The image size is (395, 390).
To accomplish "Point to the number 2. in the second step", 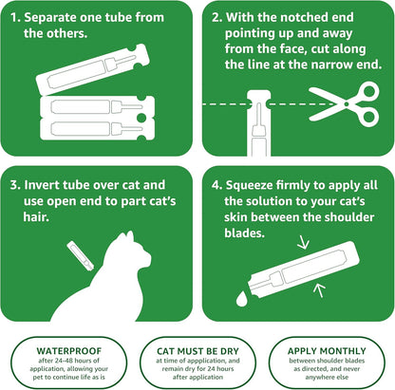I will [x=217, y=17].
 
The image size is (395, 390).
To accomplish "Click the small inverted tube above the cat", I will [x=74, y=253].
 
